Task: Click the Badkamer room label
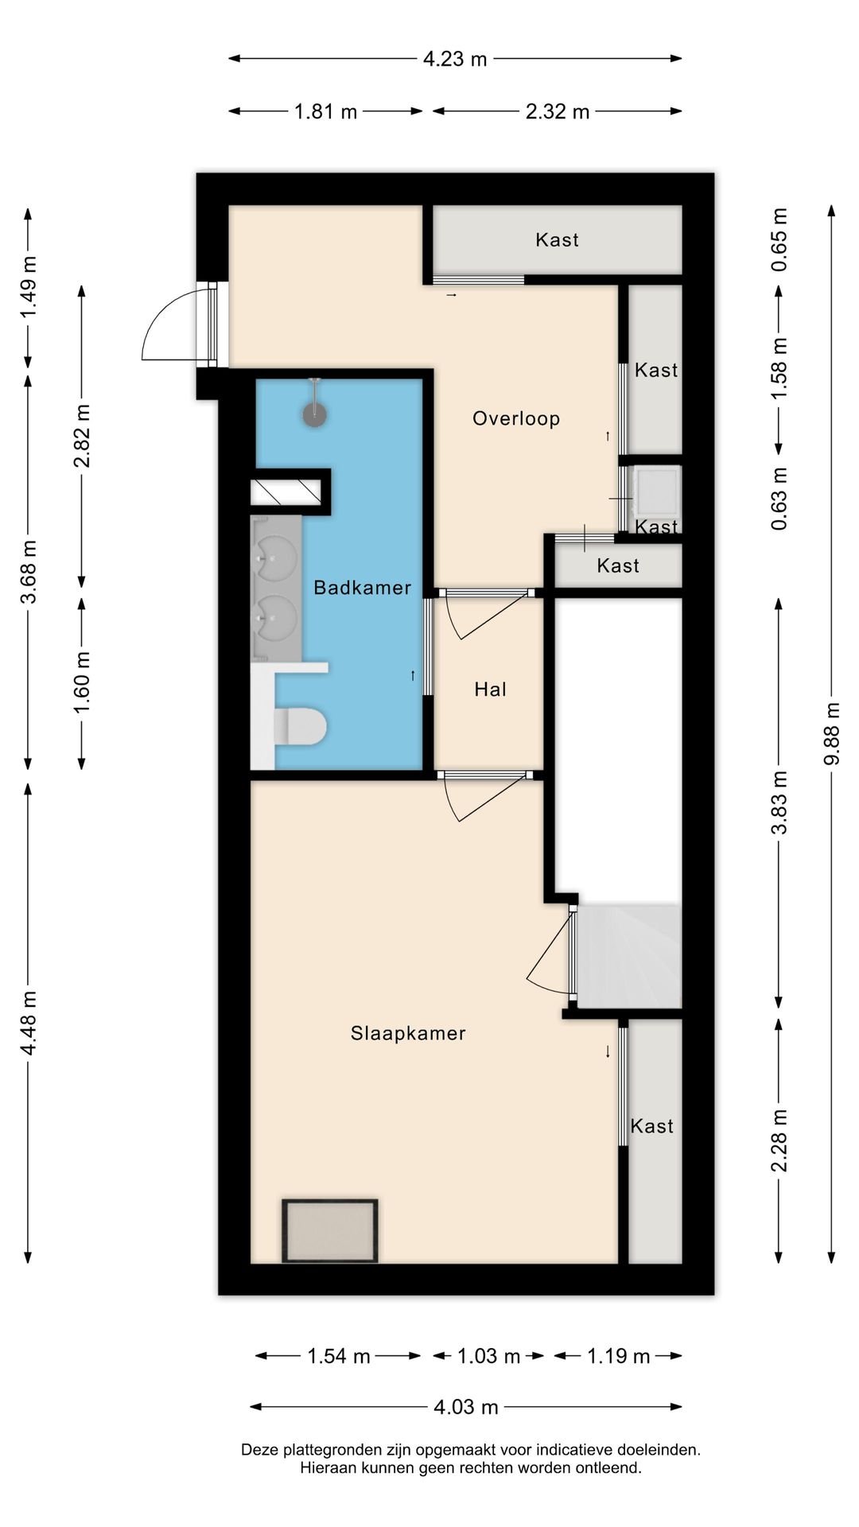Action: click(362, 588)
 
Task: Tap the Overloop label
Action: click(516, 418)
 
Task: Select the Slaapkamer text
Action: click(408, 1033)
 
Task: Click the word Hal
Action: click(490, 690)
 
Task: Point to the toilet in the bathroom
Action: click(300, 726)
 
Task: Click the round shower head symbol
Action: click(315, 414)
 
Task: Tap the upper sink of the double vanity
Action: click(274, 557)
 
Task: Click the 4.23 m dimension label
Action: click(454, 59)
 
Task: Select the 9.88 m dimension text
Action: click(832, 733)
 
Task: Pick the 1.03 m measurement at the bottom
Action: click(488, 1356)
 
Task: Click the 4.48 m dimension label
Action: click(29, 1023)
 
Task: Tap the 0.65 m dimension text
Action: click(779, 239)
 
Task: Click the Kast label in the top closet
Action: click(557, 240)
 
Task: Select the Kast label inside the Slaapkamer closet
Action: click(651, 1126)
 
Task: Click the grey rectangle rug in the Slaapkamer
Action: click(330, 1230)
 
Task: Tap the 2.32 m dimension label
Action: click(557, 112)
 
